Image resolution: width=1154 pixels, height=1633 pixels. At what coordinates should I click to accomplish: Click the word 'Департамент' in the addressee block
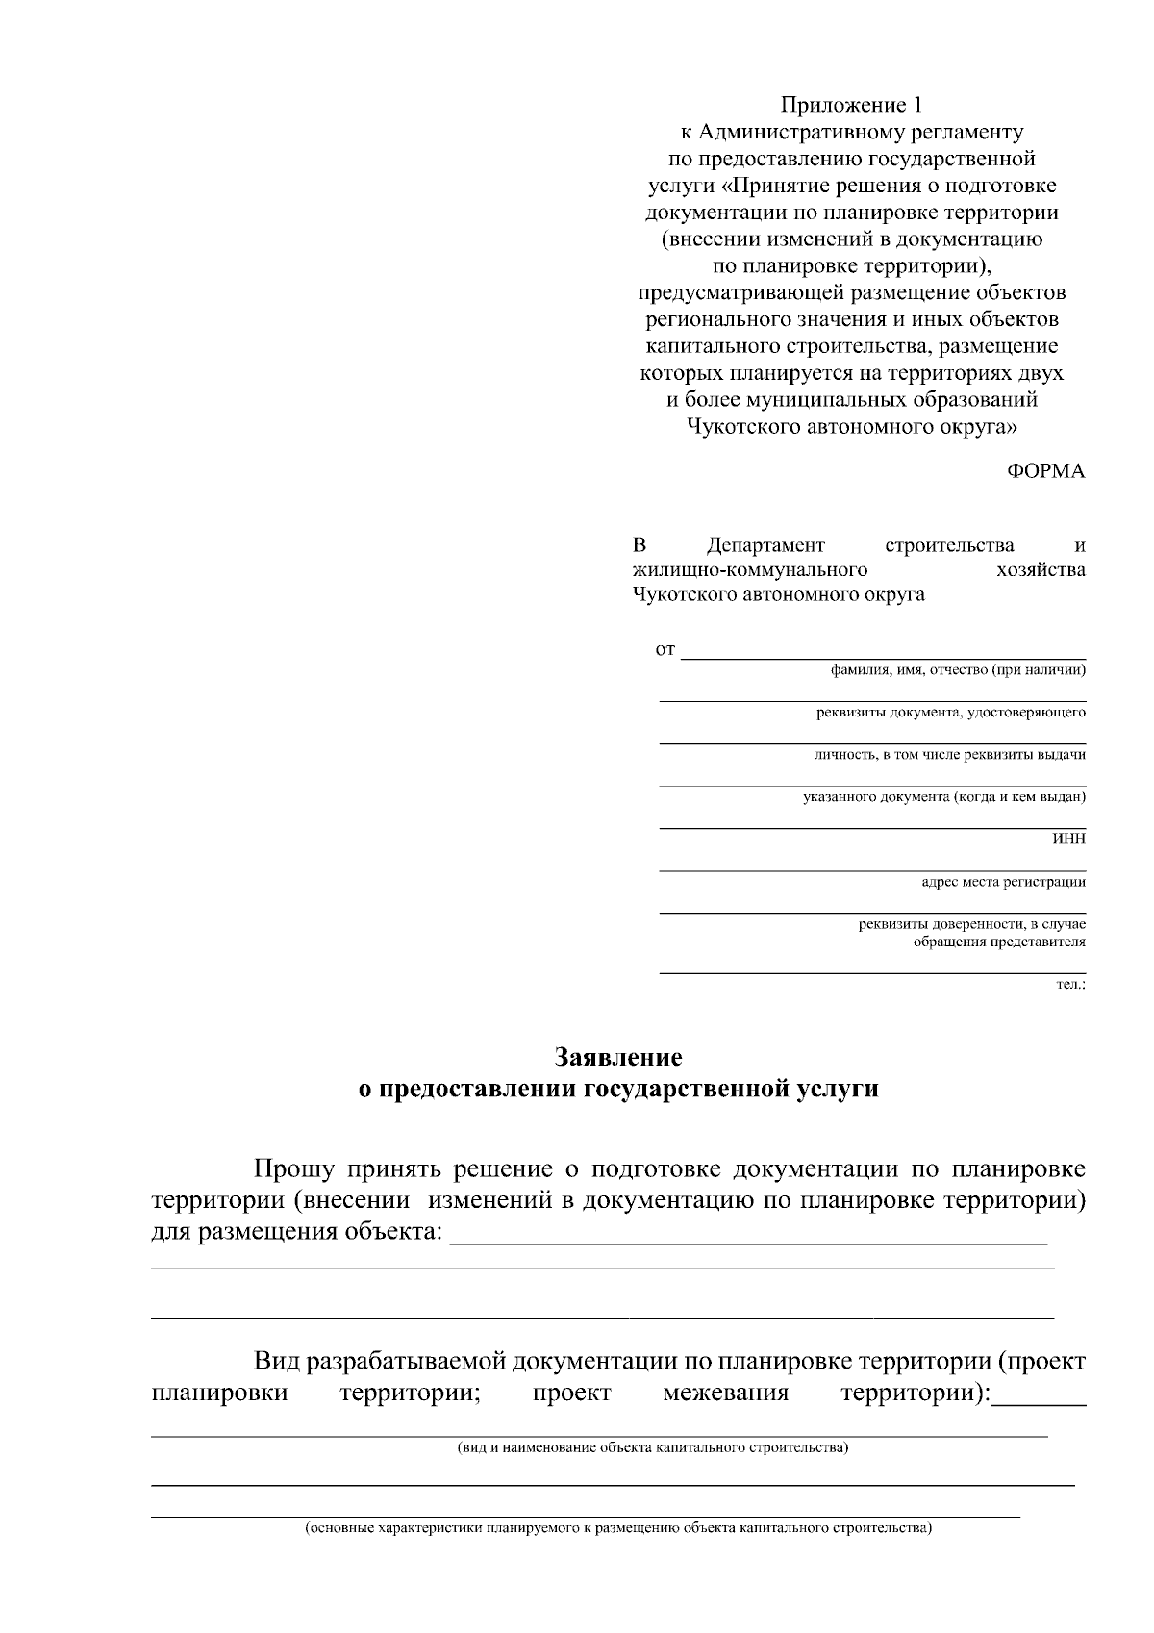click(765, 546)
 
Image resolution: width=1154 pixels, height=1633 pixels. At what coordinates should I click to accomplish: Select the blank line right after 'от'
click(883, 652)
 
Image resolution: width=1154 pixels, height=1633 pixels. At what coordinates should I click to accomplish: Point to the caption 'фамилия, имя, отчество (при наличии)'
click(958, 670)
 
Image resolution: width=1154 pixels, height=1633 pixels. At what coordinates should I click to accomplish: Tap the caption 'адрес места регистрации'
click(1003, 881)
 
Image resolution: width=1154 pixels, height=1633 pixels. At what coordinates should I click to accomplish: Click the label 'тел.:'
click(1070, 984)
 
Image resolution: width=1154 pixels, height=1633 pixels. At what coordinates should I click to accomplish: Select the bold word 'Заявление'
click(618, 1057)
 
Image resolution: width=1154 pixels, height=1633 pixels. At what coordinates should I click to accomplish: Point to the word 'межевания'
click(725, 1393)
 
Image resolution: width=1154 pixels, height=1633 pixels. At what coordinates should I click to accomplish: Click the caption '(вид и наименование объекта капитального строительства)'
click(652, 1447)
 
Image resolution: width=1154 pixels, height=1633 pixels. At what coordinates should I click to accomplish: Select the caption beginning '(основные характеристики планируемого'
click(618, 1527)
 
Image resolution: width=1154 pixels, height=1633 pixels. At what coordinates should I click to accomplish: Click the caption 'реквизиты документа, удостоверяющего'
click(950, 713)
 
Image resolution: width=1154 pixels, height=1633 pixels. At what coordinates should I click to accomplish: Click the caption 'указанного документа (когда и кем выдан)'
click(943, 796)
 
